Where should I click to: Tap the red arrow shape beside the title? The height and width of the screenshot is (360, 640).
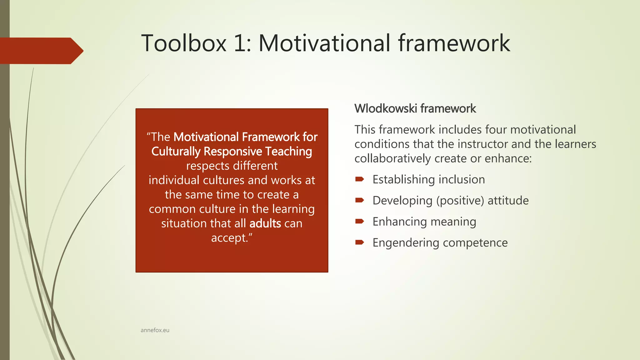click(x=41, y=51)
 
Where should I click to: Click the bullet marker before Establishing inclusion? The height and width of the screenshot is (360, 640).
click(x=359, y=179)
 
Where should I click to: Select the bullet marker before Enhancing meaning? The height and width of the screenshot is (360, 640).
click(x=359, y=222)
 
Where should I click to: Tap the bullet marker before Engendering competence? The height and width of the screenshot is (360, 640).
click(x=359, y=242)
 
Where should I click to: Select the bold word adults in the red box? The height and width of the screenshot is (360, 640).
click(x=265, y=223)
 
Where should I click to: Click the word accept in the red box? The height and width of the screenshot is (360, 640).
click(x=229, y=238)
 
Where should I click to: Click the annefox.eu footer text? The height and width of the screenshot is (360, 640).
click(x=155, y=330)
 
